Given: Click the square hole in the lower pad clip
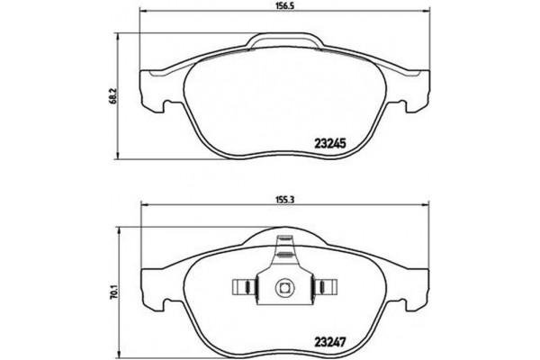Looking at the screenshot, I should click(282, 288).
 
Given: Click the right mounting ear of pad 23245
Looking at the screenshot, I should click(414, 90).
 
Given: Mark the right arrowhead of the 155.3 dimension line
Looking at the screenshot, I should click(426, 204).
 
